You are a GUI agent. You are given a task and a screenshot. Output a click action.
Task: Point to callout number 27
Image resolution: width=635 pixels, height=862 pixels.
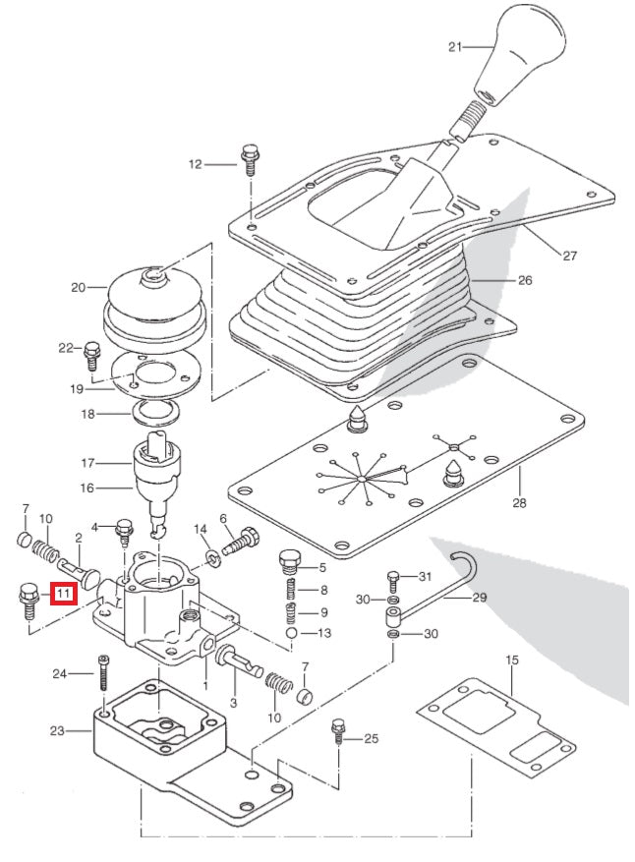(x=569, y=256)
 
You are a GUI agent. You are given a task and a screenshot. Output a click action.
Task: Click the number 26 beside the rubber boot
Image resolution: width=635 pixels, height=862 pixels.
(x=525, y=280)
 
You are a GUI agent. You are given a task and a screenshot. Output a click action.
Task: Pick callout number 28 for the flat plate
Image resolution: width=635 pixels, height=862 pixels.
(x=519, y=503)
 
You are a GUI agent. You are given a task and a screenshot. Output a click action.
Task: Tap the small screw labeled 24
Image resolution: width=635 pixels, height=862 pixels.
(x=103, y=674)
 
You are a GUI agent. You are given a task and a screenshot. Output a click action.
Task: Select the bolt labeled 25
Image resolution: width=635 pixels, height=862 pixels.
(x=338, y=731)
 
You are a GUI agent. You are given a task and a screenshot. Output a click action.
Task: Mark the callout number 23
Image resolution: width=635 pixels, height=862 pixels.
(x=56, y=730)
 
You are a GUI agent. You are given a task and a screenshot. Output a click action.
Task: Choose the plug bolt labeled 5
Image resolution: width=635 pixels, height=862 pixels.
(x=289, y=563)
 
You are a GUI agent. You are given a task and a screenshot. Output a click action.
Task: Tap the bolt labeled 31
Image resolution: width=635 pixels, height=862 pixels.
(x=393, y=577)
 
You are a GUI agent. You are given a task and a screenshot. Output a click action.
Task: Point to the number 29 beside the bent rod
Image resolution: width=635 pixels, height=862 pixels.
(x=479, y=598)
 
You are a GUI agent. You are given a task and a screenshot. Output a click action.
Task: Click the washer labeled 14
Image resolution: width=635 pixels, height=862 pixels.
(x=213, y=558)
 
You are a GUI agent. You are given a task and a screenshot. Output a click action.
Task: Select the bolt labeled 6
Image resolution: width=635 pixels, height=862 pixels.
(x=241, y=540)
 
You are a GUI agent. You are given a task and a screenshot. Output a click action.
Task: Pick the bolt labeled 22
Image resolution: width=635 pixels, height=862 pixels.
(x=93, y=351)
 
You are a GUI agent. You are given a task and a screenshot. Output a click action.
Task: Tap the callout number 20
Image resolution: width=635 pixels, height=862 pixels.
(x=78, y=288)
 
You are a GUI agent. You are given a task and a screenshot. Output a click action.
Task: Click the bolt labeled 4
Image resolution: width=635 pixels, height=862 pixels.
(x=125, y=532)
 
